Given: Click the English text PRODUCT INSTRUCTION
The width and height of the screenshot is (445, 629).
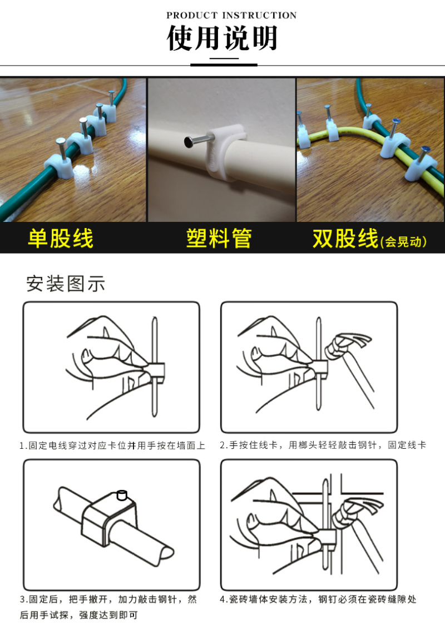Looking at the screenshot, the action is (231, 15).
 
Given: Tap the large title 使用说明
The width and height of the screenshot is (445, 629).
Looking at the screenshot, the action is (222, 38).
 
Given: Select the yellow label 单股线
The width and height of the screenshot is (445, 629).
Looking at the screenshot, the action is (61, 238).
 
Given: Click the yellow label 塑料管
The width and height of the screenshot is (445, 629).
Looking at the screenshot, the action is (219, 238).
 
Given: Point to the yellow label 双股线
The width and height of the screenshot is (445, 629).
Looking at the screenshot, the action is (345, 238).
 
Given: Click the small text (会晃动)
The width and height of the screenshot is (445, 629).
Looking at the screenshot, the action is (403, 241).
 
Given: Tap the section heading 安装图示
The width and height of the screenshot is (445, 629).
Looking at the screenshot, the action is (66, 284).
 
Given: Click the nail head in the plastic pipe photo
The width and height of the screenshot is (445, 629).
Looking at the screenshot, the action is (188, 142).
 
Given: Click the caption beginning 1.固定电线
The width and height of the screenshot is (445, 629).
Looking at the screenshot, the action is (112, 445).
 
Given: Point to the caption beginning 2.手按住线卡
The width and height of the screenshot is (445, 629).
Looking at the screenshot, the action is (323, 445).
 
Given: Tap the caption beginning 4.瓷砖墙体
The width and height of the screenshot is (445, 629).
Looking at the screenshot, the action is (318, 600).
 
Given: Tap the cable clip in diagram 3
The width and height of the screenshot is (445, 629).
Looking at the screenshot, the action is (108, 518).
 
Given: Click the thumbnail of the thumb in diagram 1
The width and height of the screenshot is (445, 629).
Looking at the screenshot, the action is (87, 355).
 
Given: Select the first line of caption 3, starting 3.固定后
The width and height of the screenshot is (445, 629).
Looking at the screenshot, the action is (108, 600).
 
